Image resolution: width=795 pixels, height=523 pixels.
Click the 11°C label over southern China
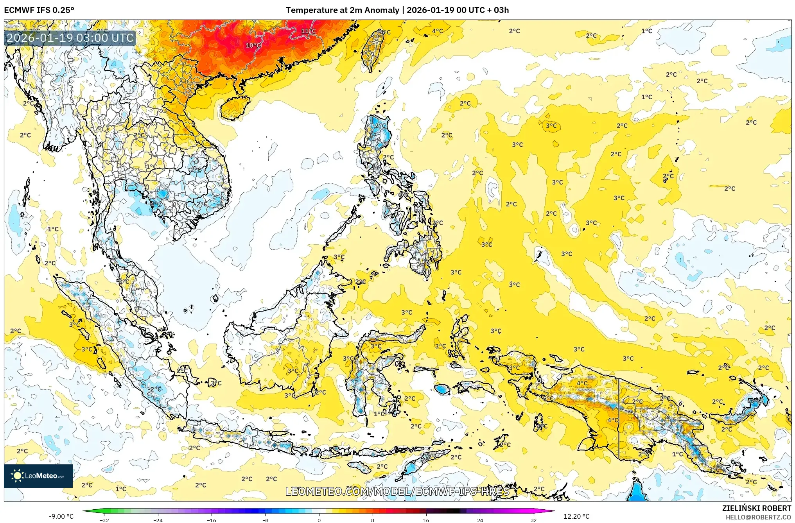coord(308,31)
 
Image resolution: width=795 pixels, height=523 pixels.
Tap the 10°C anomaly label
coord(253,45)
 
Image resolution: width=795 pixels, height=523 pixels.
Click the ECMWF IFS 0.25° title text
coord(39,10)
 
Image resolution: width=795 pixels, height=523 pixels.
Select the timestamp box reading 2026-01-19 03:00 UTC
coord(70,38)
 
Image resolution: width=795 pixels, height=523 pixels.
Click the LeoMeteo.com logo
coord(38,476)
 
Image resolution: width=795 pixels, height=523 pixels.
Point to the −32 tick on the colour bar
coord(104,520)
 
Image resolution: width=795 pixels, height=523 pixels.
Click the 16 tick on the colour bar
coord(426,520)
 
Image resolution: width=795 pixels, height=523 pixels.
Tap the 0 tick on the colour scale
coord(319,520)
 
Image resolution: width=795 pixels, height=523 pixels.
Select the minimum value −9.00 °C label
coord(61,516)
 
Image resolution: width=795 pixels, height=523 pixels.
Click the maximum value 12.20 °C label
coord(576,516)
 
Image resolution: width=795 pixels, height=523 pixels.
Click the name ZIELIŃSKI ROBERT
coord(756,508)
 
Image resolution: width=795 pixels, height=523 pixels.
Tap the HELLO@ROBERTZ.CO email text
coord(758,517)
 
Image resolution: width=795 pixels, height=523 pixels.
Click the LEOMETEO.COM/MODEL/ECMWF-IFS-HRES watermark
coord(397,491)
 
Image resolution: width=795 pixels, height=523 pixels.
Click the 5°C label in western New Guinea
coord(547,398)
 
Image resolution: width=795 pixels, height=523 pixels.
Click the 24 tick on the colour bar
coord(480,520)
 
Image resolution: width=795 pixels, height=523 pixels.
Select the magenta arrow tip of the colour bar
coord(553,510)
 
